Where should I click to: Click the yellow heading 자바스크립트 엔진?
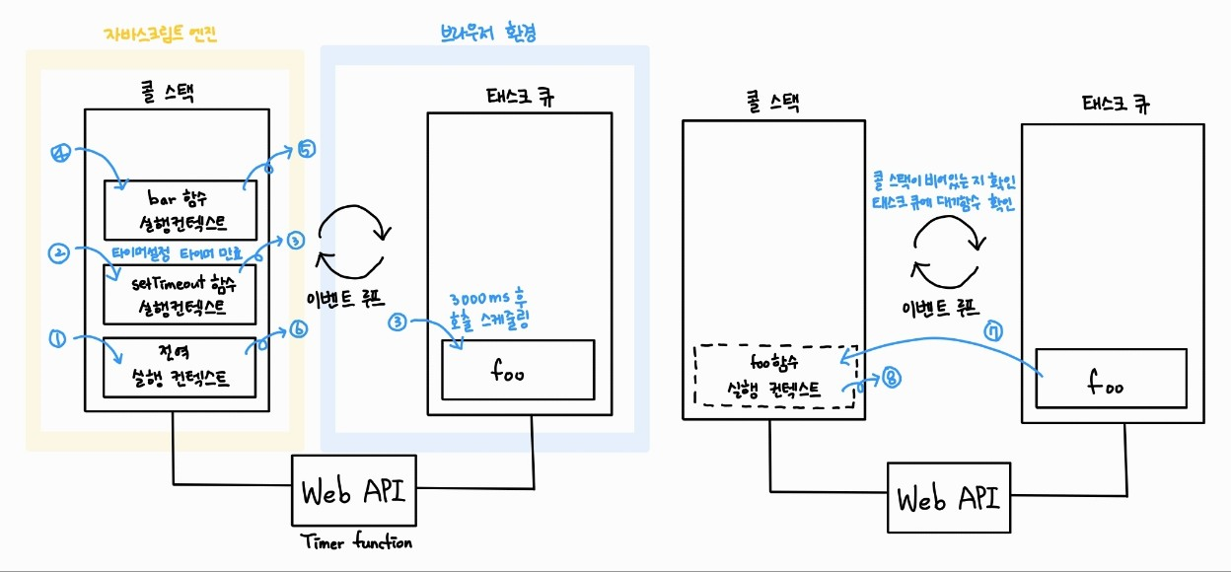point(161,34)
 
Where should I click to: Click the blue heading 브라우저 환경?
point(488,33)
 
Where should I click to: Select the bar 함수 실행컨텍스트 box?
point(180,209)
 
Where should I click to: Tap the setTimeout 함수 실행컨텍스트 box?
point(180,294)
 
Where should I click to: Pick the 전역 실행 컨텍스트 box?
point(180,366)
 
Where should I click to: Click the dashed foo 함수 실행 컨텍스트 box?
point(770,376)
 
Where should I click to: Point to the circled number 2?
point(57,253)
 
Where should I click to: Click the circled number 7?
point(994,333)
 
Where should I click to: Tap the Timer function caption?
point(356,542)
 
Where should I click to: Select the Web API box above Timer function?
point(354,491)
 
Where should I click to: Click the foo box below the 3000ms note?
point(518,370)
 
